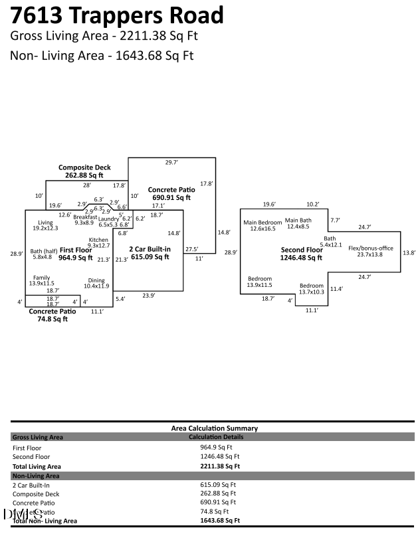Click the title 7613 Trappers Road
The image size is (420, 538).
point(117,15)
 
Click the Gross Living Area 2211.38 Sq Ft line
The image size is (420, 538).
point(104,36)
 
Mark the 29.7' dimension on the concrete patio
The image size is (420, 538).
point(172,162)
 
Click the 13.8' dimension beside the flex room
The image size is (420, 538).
point(410,252)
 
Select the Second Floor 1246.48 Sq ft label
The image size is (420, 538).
point(301,254)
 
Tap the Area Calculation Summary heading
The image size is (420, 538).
point(215,428)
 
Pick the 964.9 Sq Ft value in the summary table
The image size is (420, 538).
point(215,448)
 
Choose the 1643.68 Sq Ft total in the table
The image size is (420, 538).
point(219,521)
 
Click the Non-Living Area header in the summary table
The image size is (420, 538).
point(36,476)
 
